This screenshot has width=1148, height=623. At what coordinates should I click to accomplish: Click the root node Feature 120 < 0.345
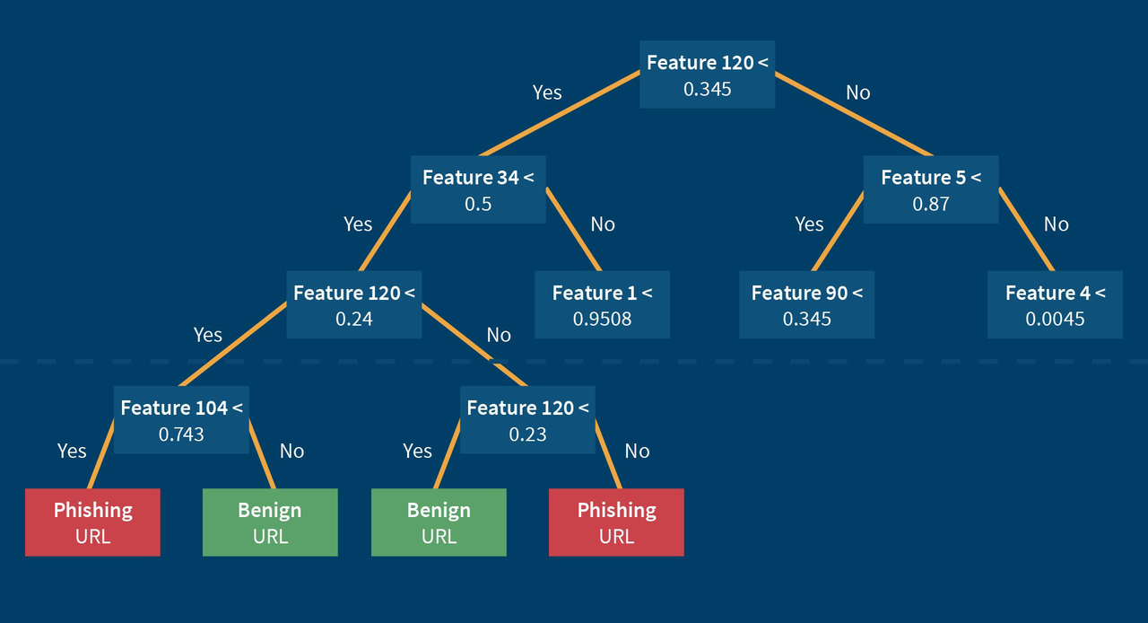(x=707, y=75)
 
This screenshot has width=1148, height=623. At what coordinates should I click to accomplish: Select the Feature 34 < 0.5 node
(x=478, y=189)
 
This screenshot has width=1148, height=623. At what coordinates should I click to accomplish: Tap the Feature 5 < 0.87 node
(x=930, y=189)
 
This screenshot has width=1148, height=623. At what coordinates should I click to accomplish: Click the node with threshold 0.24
(x=353, y=305)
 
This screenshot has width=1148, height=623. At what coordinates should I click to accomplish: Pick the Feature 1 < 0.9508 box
(x=602, y=305)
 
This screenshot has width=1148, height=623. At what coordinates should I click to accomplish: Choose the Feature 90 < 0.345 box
(x=806, y=305)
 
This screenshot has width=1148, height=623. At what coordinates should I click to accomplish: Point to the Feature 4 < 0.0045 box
(x=1055, y=305)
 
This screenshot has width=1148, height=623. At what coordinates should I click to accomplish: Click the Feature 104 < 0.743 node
(x=181, y=420)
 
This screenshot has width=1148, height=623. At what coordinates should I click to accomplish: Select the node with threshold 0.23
(x=527, y=420)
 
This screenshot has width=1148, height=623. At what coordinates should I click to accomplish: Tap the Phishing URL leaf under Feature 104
(x=92, y=522)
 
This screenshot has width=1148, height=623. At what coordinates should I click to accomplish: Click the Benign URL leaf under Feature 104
(x=270, y=522)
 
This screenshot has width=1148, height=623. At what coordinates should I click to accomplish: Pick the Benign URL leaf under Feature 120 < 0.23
(x=439, y=522)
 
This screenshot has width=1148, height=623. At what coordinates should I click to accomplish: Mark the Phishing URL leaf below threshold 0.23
(x=616, y=522)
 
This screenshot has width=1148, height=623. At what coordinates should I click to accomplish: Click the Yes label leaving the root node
(x=547, y=92)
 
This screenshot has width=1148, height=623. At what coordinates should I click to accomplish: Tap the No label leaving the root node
(x=857, y=92)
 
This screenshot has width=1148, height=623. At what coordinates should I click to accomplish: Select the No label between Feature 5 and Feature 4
(x=1056, y=224)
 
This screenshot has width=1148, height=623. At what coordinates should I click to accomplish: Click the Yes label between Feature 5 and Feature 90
(x=809, y=224)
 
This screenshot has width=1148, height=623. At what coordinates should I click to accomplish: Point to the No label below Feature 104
(x=291, y=451)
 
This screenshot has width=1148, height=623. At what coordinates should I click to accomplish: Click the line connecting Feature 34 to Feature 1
(x=574, y=230)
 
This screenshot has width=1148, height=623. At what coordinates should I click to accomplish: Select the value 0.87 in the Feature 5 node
(x=930, y=204)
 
